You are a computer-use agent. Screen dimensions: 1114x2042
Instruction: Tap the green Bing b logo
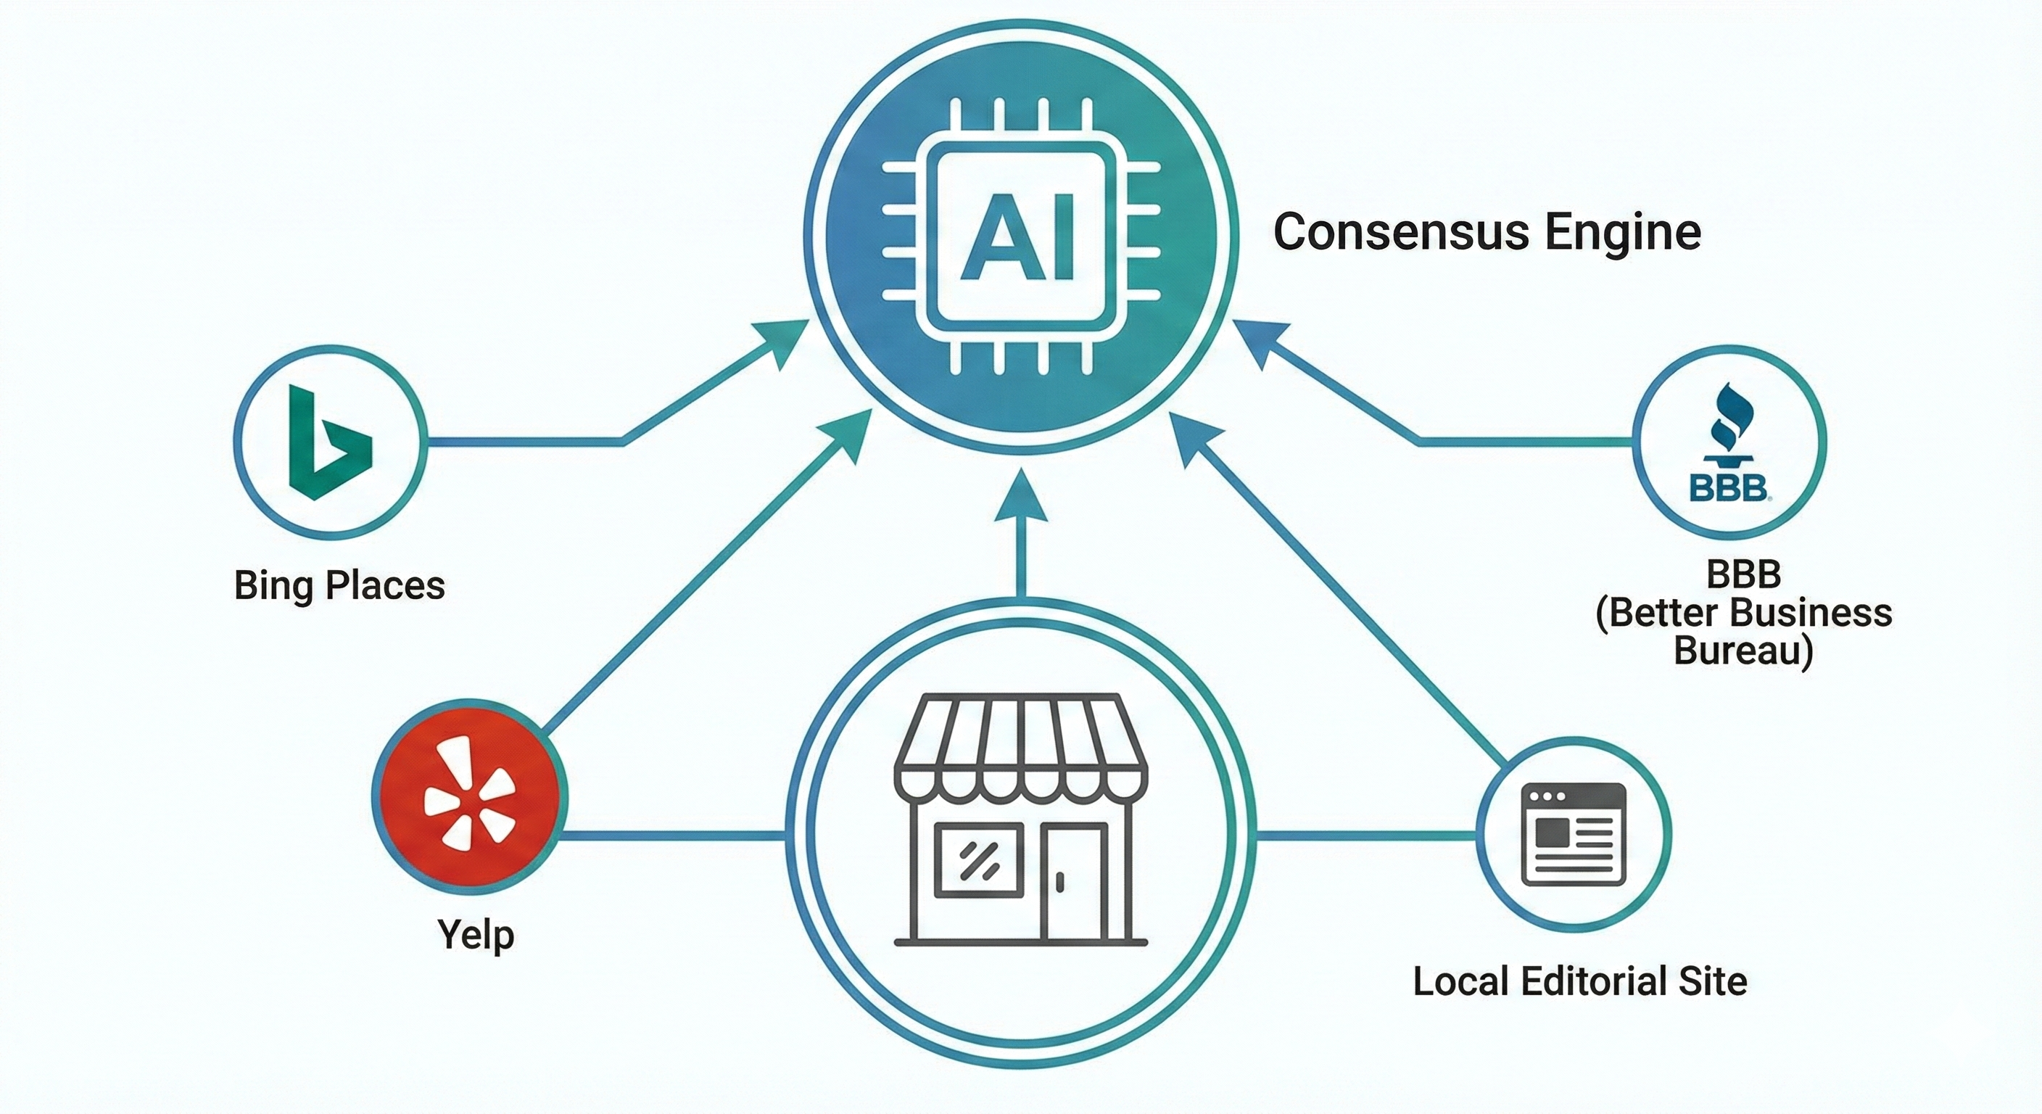coord(326,442)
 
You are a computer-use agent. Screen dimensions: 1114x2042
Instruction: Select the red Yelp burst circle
coord(469,796)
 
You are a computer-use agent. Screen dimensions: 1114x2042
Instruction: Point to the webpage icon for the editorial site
coord(1574,834)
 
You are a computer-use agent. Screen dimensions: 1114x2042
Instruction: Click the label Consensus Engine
coord(1487,231)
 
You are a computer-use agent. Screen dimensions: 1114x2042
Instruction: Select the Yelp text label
coord(476,935)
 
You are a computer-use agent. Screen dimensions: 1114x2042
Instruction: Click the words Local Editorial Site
coord(1580,981)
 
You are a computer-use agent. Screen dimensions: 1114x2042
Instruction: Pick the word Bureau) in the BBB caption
coord(1743,652)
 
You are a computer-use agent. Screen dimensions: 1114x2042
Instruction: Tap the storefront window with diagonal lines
coord(977,861)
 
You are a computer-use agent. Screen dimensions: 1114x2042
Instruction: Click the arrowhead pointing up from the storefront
coord(1020,495)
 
